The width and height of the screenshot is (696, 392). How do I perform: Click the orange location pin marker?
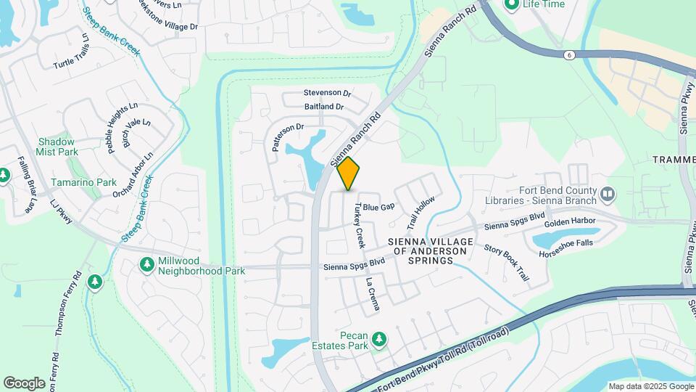349,173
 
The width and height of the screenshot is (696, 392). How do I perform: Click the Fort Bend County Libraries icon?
608,194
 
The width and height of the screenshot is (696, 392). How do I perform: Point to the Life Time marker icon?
512,4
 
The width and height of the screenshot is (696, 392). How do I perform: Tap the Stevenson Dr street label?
327,94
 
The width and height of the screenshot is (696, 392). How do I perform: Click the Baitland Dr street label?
324,107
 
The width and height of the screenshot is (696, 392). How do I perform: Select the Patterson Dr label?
286,136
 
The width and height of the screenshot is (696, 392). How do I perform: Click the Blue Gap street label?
378,207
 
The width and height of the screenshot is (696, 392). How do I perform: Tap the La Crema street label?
373,294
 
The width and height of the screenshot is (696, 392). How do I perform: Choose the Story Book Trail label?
507,263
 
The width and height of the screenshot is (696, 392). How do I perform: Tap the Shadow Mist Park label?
57,147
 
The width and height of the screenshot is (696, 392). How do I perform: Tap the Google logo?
25,383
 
